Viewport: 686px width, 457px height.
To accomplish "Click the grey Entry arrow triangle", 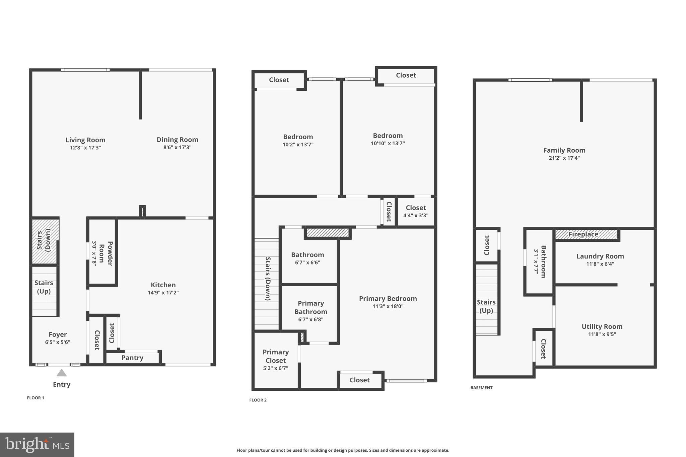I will point(61,373).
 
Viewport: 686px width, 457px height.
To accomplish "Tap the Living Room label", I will point(85,140).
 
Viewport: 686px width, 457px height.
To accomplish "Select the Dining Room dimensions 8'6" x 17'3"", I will point(177,147).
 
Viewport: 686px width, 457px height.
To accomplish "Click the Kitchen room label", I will point(163,285).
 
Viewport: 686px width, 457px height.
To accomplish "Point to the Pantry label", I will point(132,358).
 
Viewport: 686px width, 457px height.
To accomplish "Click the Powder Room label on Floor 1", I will point(106,253).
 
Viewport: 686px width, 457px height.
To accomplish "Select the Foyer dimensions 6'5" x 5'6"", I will point(58,342).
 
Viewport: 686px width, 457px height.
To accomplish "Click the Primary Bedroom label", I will point(388,299).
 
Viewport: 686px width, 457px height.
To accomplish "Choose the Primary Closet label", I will point(276,356).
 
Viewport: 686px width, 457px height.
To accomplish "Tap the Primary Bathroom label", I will point(311,307).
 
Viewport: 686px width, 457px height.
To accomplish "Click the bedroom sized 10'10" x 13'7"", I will point(388,139).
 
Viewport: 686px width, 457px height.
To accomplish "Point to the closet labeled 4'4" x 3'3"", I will point(416,211).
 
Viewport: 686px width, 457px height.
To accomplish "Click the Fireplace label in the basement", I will point(583,234).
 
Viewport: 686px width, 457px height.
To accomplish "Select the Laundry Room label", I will point(600,256).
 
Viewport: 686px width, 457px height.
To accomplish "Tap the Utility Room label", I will point(602,327).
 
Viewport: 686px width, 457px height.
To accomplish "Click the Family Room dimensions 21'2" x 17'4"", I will point(564,158).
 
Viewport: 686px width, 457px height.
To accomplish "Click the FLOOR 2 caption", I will point(258,400).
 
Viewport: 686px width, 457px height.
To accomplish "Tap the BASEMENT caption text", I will point(481,388).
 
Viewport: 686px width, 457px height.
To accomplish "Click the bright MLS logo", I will point(37,445).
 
